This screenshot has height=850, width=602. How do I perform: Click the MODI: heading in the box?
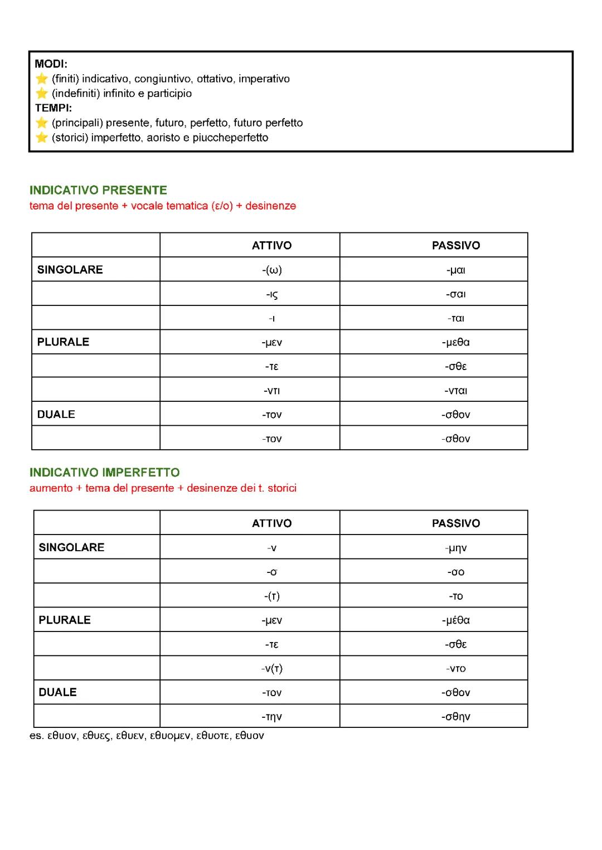(x=51, y=64)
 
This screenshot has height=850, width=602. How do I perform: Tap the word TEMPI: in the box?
(x=53, y=108)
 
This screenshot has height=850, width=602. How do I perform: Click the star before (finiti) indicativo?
(x=42, y=79)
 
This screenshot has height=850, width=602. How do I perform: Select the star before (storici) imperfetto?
(x=42, y=138)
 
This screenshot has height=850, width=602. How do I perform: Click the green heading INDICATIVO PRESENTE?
(x=98, y=191)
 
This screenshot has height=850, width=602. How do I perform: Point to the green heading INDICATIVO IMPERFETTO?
(x=104, y=473)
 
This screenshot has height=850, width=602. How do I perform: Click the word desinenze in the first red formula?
(x=270, y=206)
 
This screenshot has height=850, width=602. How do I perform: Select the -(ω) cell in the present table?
(x=272, y=270)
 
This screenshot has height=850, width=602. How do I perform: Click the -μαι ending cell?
(x=455, y=270)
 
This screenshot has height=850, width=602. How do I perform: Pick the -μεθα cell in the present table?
(x=455, y=342)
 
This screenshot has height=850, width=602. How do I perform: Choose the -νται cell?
(x=455, y=391)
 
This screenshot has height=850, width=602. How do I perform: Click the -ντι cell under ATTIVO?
(x=272, y=391)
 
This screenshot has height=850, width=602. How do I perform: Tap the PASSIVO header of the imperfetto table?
(x=455, y=523)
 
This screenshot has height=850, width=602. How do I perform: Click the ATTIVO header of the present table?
(x=272, y=246)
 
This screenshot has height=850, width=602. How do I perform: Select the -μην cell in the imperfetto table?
(x=455, y=548)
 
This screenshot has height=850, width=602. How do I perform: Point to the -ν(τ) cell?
(x=272, y=668)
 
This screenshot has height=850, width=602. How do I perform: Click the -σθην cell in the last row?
(x=455, y=717)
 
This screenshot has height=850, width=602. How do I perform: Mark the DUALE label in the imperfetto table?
(x=57, y=692)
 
